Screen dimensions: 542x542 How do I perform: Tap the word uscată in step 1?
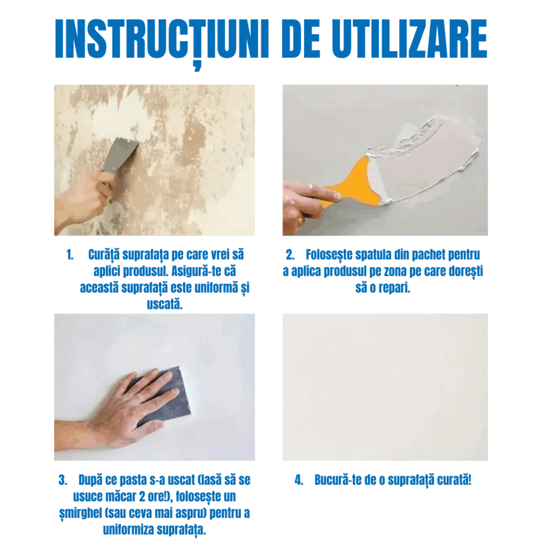coord(165,305)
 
